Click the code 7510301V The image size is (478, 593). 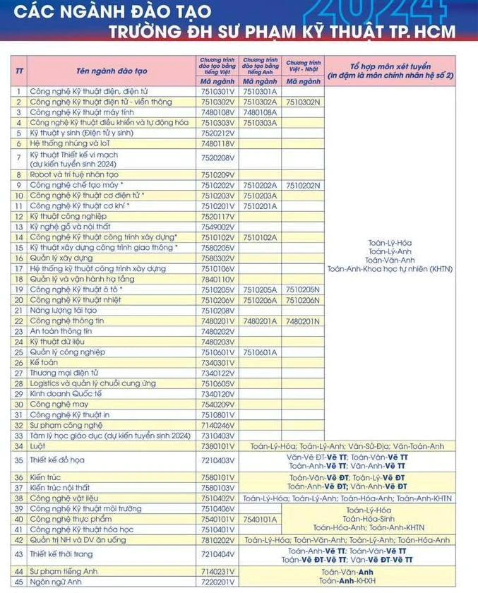217,92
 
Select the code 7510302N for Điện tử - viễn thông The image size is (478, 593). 303,102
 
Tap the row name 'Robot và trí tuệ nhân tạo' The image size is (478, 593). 73,174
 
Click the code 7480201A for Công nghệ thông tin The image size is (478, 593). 260,321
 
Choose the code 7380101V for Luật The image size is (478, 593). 217,446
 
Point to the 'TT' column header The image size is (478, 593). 19,71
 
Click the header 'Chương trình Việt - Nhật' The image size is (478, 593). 303,66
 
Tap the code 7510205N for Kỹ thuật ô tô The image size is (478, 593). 303,289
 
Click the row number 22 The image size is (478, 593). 19,321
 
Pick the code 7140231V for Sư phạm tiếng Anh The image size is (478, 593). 217,572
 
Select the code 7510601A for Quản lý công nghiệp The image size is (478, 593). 260,352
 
